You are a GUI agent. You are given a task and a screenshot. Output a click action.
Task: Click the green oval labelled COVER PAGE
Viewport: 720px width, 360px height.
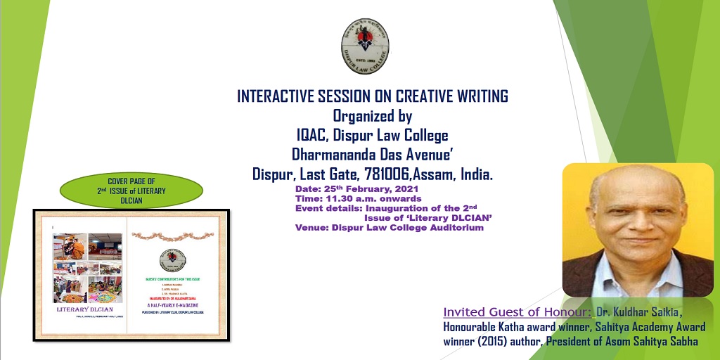coord(131,190)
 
